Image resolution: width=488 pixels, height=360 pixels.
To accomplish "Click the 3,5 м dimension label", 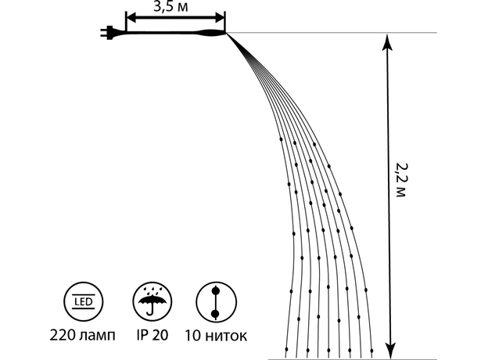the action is click(x=170, y=6).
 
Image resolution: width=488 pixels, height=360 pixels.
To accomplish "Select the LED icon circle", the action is click(x=84, y=302).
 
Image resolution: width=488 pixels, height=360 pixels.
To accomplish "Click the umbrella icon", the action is click(x=152, y=302).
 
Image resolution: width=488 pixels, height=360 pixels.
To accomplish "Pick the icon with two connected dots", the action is click(x=216, y=302).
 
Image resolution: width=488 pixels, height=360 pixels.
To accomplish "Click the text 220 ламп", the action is click(x=82, y=336).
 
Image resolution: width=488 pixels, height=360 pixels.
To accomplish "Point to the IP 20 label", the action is click(x=152, y=335).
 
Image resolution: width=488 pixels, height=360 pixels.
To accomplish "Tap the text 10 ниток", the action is click(x=216, y=337).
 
